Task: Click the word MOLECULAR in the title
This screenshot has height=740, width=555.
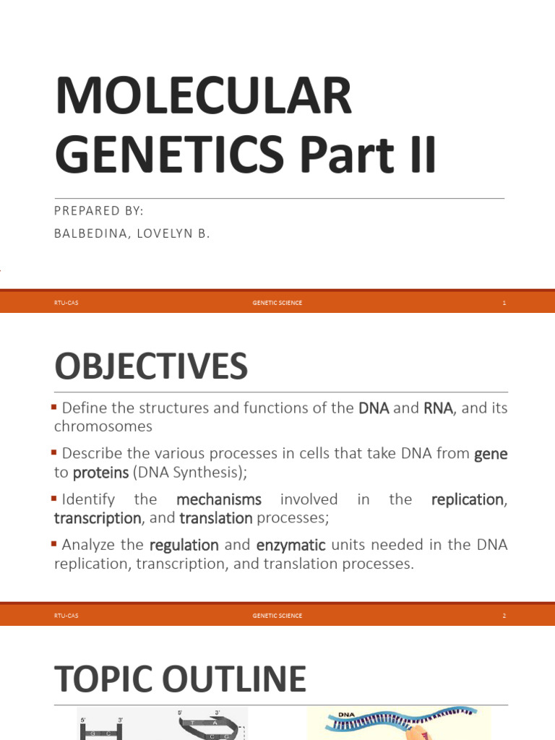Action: [x=203, y=96]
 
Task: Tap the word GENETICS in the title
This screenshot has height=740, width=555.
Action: [x=169, y=155]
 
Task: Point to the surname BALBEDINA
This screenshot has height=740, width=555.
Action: [x=90, y=233]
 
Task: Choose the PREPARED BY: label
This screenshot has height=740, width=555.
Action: [x=98, y=210]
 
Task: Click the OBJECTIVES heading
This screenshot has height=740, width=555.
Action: [x=151, y=366]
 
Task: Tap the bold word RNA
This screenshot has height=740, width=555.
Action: [x=438, y=408]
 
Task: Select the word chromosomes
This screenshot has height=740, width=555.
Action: [x=103, y=426]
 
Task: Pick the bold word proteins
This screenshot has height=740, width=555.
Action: [x=100, y=473]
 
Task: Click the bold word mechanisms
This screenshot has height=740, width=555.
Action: [x=219, y=499]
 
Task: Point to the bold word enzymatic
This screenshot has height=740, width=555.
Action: [x=291, y=546]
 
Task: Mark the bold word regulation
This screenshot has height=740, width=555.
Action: [x=184, y=546]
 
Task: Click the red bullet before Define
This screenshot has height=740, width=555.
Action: [x=53, y=407]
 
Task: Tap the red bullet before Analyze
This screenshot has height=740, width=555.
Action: [x=53, y=543]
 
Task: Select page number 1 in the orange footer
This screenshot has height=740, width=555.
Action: [x=504, y=303]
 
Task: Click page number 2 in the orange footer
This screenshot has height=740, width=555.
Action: [x=504, y=616]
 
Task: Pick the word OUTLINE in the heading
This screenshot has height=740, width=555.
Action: [x=234, y=679]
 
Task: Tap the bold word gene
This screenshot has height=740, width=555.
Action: [x=491, y=454]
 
